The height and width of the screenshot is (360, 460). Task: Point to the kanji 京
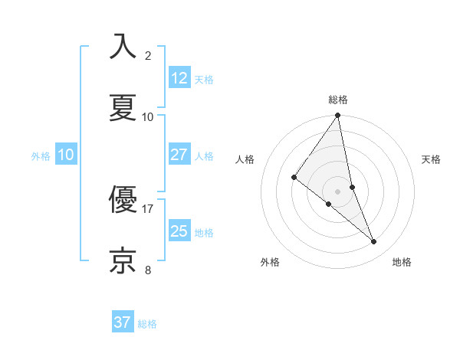[123, 261]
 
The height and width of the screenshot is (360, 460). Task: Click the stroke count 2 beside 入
[148, 56]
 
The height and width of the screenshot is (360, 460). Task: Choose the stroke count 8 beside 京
[148, 270]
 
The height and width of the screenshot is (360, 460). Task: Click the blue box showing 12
[179, 78]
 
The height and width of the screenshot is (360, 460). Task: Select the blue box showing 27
[179, 155]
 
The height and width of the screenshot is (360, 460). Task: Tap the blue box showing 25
[179, 231]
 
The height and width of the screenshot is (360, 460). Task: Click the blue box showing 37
[123, 322]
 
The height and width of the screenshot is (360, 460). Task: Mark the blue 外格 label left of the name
[41, 155]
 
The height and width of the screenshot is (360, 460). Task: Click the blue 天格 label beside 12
[204, 80]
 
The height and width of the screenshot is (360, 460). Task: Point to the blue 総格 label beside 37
[147, 324]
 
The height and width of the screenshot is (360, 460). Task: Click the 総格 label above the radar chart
[338, 100]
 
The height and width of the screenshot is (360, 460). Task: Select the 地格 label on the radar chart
[402, 263]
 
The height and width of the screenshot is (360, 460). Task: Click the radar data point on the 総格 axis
[338, 116]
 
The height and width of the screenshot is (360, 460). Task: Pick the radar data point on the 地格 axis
[374, 242]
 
